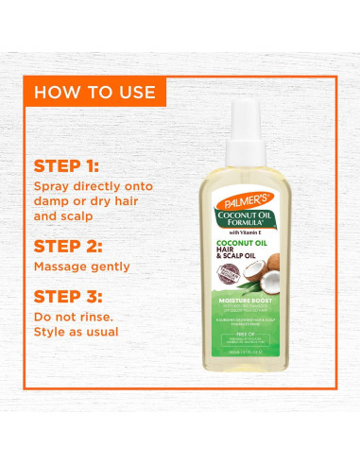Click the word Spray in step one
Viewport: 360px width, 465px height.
(54, 186)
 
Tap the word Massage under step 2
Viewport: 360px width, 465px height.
(66, 267)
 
